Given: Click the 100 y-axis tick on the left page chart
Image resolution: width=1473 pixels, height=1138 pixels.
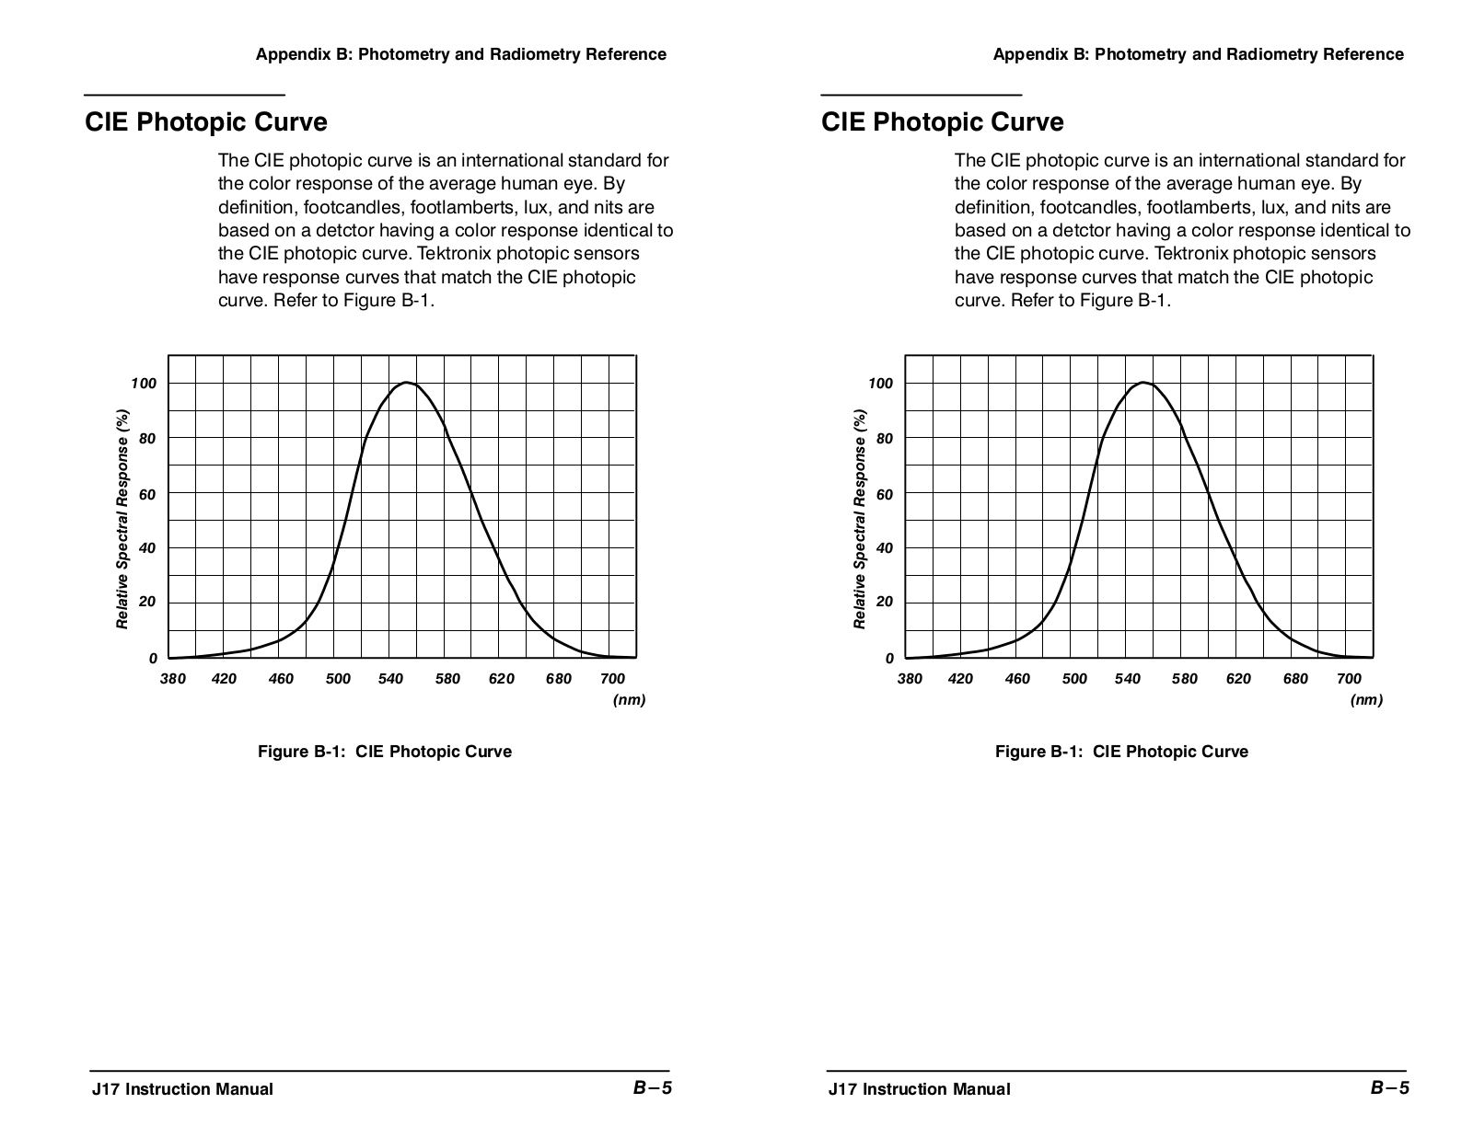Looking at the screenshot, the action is (144, 384).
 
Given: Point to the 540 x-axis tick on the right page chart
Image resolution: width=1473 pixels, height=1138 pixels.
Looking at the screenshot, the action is (1127, 679).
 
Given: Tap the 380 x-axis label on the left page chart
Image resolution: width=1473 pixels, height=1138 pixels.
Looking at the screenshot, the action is (173, 679).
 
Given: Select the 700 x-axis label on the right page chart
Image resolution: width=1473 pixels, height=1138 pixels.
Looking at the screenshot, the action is (1349, 679).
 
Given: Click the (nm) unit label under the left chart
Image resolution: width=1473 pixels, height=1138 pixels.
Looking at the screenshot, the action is (629, 700).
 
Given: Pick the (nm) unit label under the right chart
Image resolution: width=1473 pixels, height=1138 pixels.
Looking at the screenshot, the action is (1366, 700).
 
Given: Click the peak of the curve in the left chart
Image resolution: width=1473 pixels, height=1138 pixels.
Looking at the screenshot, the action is (405, 383).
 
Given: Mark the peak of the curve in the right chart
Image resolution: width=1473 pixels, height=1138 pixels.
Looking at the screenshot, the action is (1142, 383).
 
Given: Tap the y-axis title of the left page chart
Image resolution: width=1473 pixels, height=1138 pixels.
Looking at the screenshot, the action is (122, 519).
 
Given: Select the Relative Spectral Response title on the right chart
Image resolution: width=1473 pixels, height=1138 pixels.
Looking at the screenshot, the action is (860, 519).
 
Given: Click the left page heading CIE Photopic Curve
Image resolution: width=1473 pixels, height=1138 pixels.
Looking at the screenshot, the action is (206, 122).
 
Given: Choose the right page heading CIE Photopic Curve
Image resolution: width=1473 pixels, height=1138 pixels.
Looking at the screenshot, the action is (943, 122).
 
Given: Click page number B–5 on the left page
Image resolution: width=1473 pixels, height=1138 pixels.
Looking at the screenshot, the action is (653, 1088).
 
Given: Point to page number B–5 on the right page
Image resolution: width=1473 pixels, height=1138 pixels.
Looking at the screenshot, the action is (1389, 1088).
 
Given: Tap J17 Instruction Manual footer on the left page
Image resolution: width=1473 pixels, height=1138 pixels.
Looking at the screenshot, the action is (182, 1089).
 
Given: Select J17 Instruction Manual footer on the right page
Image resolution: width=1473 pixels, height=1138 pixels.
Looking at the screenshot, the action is (919, 1089).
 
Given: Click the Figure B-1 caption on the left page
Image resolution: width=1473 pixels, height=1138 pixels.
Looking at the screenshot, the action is (384, 752).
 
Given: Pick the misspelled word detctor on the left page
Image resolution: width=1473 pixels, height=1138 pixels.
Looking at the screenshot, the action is (345, 230).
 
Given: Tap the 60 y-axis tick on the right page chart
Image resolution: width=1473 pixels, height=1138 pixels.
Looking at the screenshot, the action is (885, 495).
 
